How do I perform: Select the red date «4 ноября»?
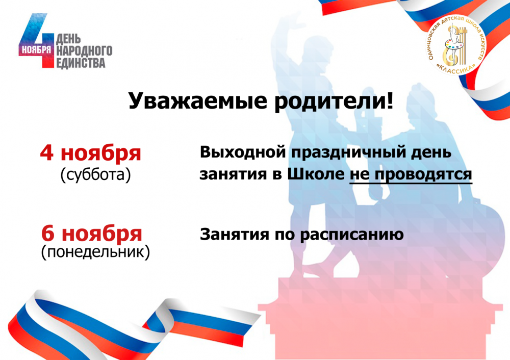click(90, 153)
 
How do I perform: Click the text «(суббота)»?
click(96, 175)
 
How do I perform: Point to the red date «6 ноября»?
click(92, 234)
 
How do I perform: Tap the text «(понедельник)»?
click(96, 252)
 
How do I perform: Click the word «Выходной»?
click(243, 152)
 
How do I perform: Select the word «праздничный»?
click(348, 152)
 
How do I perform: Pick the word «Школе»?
click(316, 174)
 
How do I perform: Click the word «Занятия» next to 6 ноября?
click(235, 234)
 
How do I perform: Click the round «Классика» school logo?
click(456, 45)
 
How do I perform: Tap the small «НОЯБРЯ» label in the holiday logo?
click(36, 50)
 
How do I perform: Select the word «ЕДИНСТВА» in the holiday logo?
click(81, 63)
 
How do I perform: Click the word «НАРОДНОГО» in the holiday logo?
click(84, 50)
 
